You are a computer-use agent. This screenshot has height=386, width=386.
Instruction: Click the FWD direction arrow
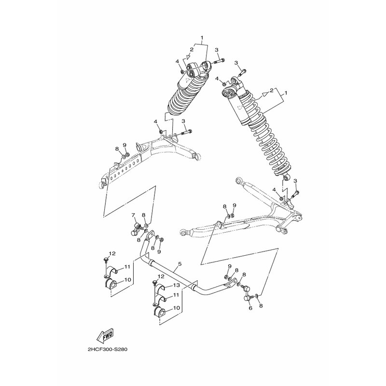(105, 335)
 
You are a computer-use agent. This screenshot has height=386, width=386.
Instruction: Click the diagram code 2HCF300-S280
(107, 349)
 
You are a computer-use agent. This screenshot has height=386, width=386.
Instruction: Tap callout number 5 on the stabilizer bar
(179, 263)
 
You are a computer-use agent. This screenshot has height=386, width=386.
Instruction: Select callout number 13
(176, 285)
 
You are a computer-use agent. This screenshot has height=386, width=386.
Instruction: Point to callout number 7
(134, 215)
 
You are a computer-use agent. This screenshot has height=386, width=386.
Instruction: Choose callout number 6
(250, 308)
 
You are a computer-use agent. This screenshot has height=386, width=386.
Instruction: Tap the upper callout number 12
(112, 253)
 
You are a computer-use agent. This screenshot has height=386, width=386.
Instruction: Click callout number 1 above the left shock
(202, 38)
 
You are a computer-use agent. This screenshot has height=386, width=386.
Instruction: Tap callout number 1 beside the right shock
(286, 93)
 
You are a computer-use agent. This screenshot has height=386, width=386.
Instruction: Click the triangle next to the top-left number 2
(188, 57)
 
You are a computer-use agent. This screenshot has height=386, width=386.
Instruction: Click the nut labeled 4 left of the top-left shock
(181, 71)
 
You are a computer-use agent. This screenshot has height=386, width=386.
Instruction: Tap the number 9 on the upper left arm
(124, 144)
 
